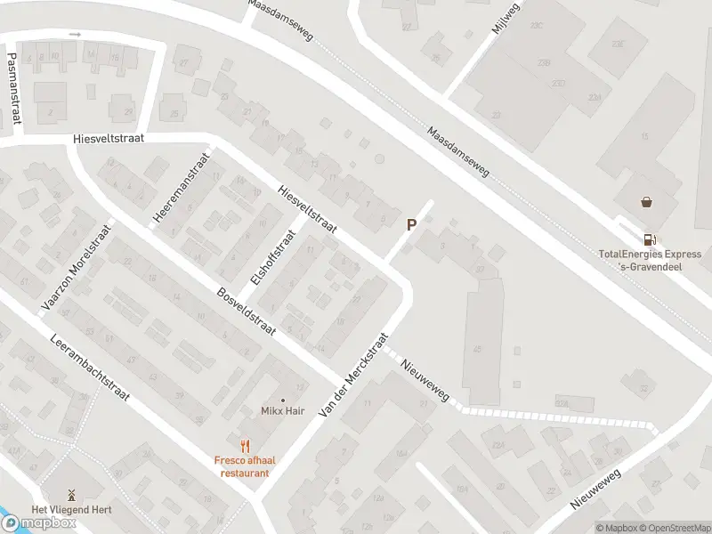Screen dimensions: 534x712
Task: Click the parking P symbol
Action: pos(411,225)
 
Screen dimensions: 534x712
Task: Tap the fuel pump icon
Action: pos(649,239)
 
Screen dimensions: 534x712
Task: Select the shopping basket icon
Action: pos(646,202)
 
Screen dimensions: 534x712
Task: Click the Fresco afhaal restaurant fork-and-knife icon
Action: pos(242,446)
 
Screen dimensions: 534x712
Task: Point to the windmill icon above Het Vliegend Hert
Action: pos(71,495)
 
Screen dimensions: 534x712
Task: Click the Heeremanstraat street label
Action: pos(180,189)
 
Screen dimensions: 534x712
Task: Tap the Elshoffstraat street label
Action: pos(272,257)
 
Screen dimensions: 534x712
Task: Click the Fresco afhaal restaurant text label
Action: pos(241,466)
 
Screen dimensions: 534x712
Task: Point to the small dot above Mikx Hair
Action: pos(283,399)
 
